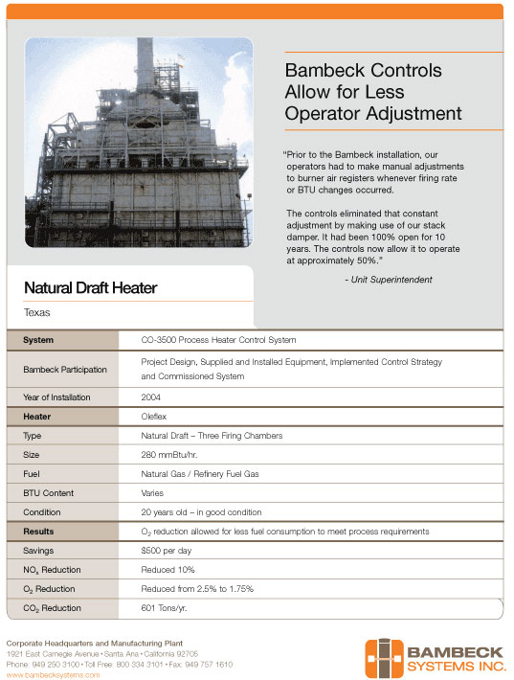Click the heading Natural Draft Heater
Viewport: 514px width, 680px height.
click(90, 287)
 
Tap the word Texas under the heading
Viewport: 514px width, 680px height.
click(37, 312)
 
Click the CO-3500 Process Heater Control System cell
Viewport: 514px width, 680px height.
click(218, 340)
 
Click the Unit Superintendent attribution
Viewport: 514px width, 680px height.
click(388, 280)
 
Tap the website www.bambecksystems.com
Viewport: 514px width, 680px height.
click(53, 674)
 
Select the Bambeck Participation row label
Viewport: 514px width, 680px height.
click(65, 369)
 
